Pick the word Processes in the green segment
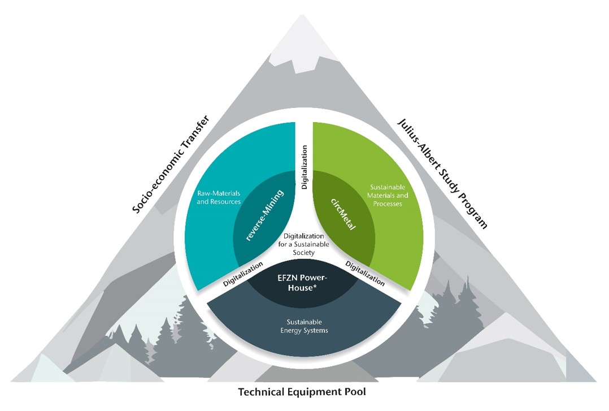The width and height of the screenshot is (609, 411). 386,204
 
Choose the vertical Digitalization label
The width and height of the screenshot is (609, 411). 304,167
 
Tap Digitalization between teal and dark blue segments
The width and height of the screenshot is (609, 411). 243,273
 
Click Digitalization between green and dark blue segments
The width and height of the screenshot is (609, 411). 365,273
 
